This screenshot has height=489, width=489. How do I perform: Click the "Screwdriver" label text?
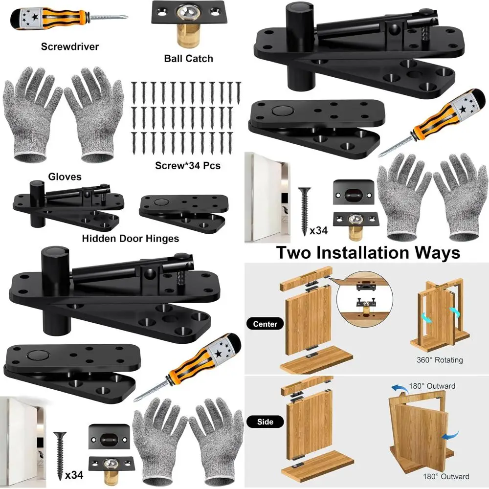(70, 47)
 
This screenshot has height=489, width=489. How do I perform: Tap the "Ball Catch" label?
(188, 59)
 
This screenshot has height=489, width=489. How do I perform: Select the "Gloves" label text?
(65, 177)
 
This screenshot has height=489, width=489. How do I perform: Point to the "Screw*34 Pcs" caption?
(188, 165)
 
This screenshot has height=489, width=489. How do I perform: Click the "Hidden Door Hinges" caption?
(131, 239)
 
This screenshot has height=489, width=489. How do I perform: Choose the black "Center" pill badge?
(265, 324)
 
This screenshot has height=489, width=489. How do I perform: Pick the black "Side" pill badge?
(265, 422)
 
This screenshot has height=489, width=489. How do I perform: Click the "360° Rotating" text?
(440, 360)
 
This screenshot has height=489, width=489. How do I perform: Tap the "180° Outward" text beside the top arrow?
(432, 386)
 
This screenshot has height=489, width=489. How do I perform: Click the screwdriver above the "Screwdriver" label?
(68, 18)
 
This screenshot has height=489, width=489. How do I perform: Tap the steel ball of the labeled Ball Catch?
(188, 13)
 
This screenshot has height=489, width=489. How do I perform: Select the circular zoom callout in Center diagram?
(365, 299)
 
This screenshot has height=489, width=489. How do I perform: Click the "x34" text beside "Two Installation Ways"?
(318, 231)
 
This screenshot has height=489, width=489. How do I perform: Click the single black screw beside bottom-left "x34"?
(60, 455)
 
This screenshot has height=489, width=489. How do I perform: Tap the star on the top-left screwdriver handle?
(35, 17)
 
